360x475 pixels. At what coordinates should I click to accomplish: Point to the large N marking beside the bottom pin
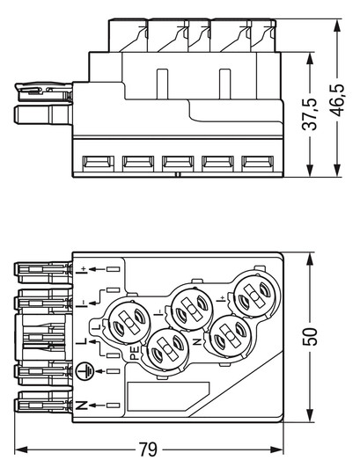82,406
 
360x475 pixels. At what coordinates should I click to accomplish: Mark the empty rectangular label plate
167,398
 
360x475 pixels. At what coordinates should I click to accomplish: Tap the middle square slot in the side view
177,162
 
